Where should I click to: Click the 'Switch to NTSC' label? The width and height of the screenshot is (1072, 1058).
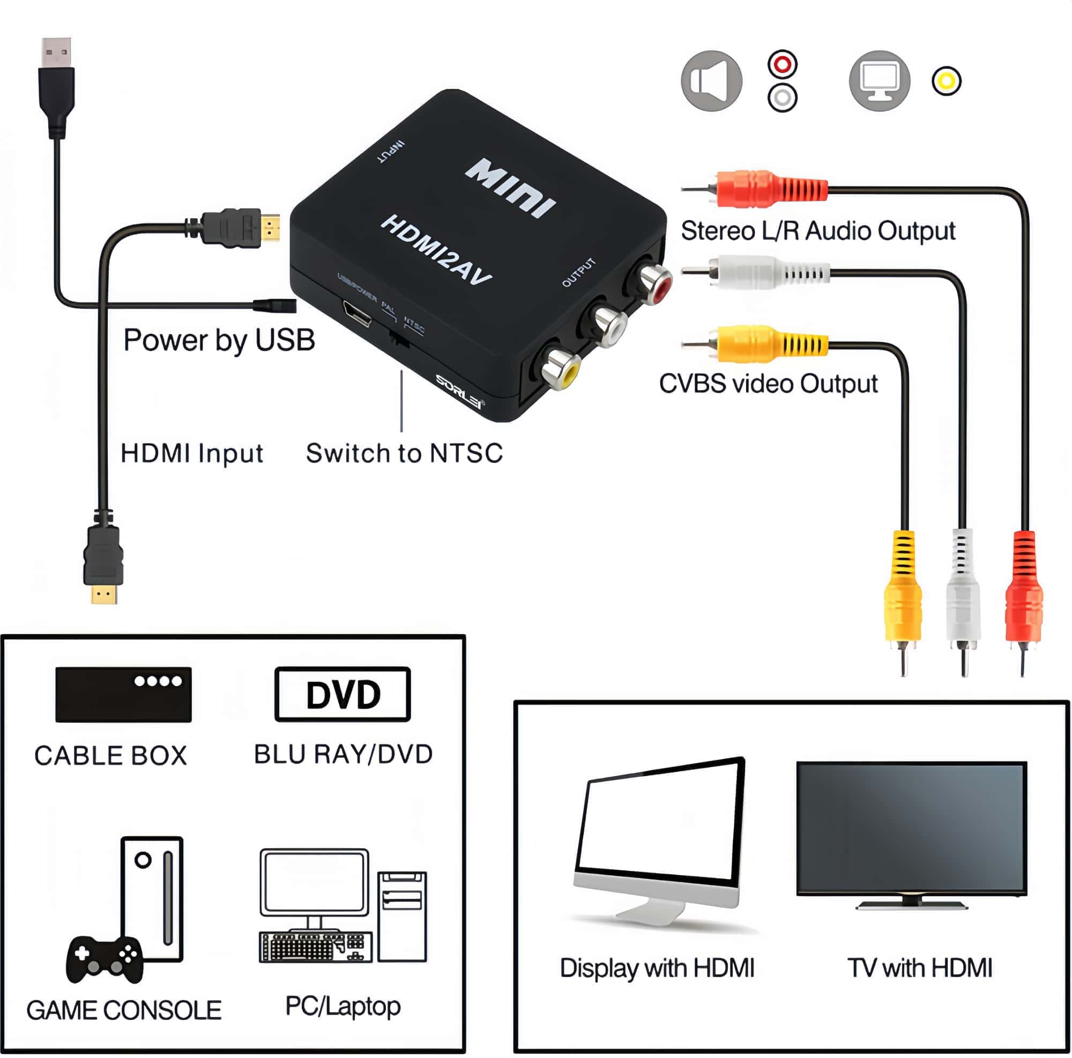tap(404, 453)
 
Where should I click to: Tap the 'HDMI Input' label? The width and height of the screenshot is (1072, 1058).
tap(191, 453)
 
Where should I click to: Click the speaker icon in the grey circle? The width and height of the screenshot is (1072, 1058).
tap(711, 81)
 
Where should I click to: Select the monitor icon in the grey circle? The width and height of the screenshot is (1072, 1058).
tap(880, 81)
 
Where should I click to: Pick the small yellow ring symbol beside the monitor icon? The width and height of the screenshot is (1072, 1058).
tap(947, 81)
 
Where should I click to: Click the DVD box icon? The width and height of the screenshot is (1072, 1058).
tap(343, 694)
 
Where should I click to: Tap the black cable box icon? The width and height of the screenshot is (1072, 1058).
tap(123, 694)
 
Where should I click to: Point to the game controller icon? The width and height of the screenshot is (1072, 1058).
tap(105, 959)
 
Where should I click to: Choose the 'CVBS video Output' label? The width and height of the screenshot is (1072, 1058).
tap(768, 383)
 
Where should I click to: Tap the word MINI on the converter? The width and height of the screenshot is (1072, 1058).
tap(510, 188)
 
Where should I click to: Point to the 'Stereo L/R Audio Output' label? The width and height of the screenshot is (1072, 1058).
tap(818, 231)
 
